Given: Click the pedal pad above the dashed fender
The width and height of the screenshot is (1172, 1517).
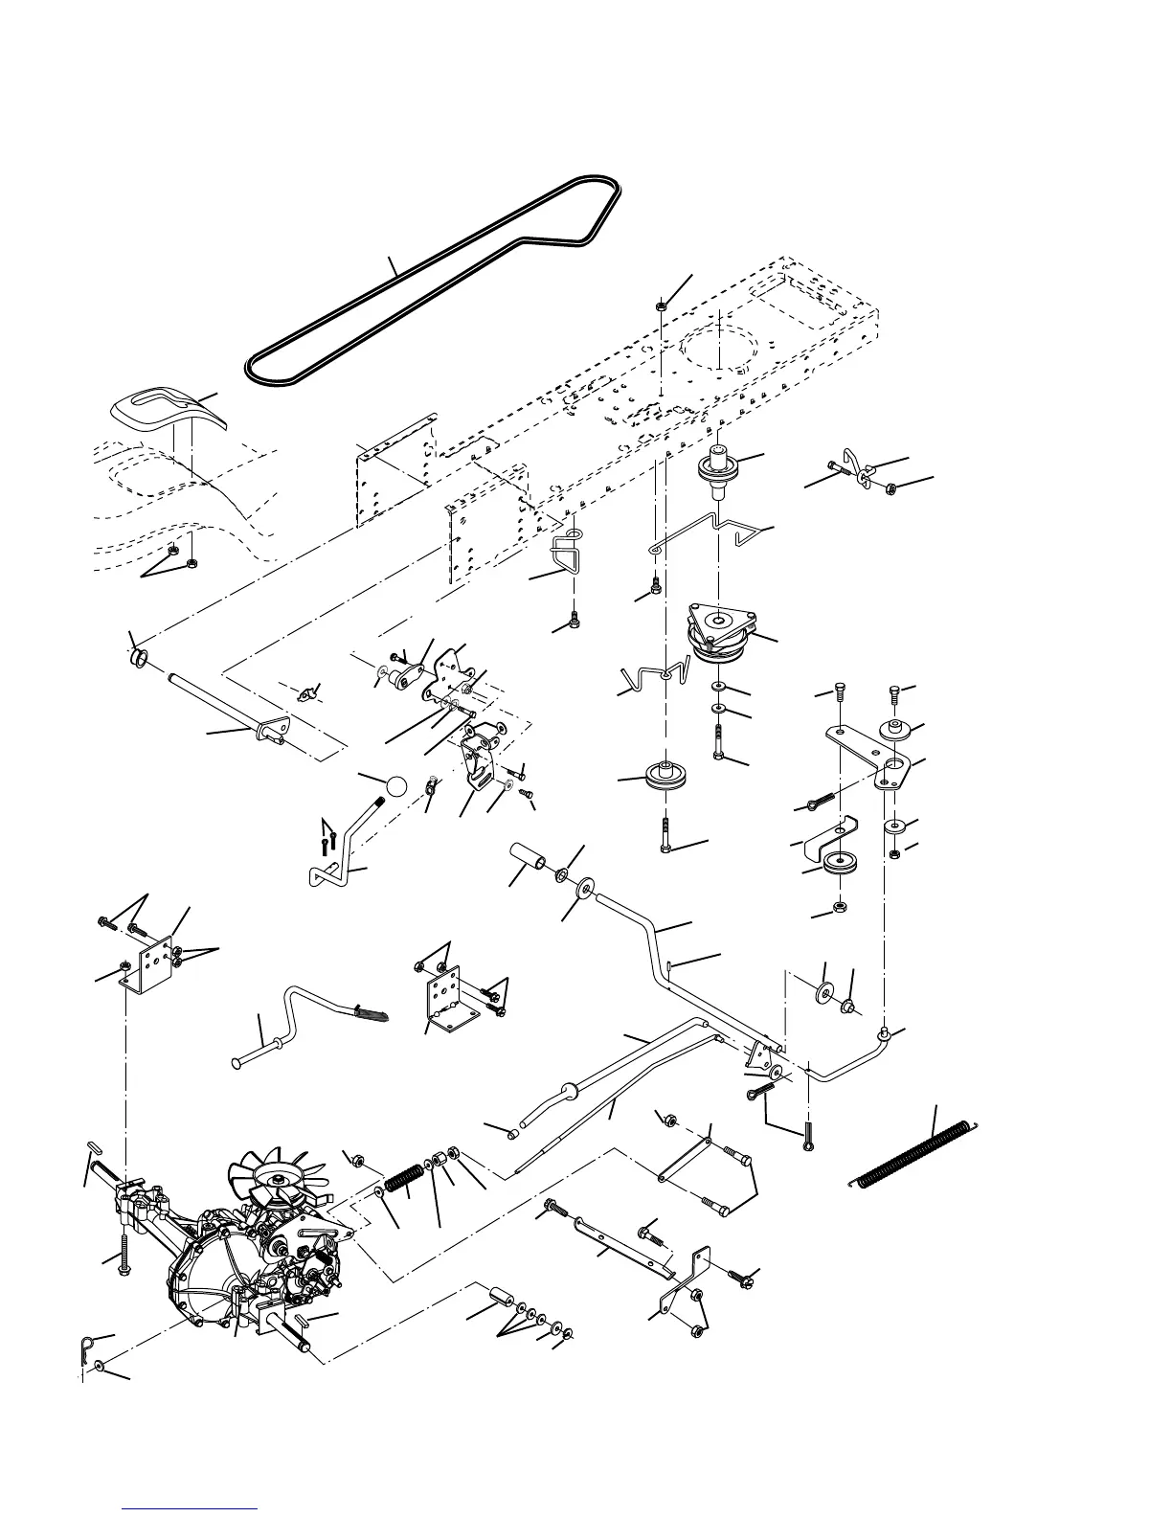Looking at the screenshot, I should [159, 409].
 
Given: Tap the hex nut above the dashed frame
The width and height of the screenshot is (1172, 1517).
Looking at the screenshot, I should [662, 306].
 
